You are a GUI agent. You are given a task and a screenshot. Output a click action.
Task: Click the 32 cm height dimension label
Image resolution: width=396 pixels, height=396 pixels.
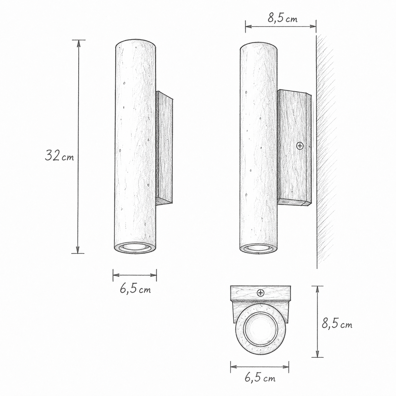coord(59,156)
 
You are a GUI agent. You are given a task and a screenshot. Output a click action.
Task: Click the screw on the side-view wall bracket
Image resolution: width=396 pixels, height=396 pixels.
coord(300,146)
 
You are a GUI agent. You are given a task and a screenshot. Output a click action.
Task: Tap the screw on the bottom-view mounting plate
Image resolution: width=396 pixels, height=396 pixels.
coord(261,293)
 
